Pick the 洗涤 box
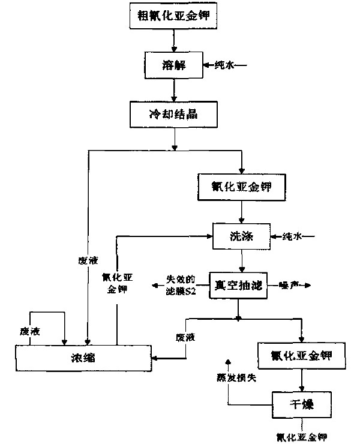point(241,236)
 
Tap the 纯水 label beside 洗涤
point(293,236)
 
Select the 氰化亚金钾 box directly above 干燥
point(302,356)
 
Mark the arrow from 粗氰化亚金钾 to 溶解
point(173,39)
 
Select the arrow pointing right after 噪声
point(307,283)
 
